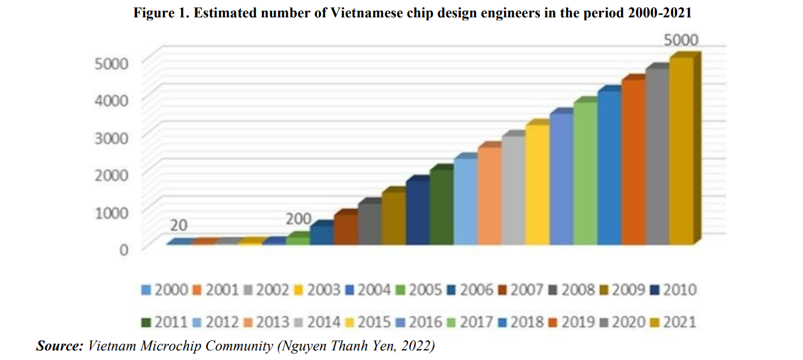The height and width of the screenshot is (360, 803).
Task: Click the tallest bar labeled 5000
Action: coord(681,150)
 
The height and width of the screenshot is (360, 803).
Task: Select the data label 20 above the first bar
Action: coord(179,225)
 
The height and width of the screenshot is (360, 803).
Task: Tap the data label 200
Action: coord(298,219)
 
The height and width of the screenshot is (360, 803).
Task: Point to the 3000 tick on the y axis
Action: coord(111,137)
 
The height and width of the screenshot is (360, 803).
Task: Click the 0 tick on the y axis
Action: coord(123,249)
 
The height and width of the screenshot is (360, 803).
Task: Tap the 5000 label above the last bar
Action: coord(681,41)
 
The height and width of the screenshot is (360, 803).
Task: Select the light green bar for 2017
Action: coord(585,174)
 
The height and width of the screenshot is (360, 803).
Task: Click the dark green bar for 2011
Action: coord(441,207)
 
